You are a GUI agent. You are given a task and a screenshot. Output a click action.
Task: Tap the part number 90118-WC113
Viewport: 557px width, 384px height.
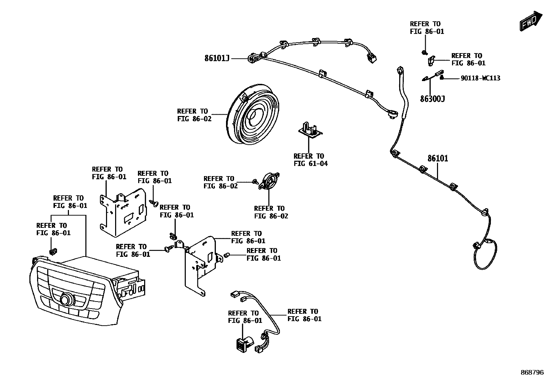click(480, 78)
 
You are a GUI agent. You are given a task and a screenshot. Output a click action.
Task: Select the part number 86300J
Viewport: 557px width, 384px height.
click(432, 99)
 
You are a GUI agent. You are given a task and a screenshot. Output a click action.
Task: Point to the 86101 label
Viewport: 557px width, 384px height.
click(437, 159)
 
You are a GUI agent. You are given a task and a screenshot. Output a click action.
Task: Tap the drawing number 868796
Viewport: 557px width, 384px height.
click(532, 372)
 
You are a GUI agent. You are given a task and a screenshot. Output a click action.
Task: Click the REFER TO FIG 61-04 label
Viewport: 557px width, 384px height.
click(310, 160)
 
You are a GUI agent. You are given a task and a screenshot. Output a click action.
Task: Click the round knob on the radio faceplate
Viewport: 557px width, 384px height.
click(66, 300)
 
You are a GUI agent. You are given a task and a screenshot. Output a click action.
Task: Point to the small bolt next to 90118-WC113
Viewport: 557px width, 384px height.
click(442, 77)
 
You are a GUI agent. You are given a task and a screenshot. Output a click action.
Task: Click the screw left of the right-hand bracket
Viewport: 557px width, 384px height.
click(168, 248)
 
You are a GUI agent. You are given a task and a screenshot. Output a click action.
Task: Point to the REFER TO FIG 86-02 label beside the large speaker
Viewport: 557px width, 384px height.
click(194, 115)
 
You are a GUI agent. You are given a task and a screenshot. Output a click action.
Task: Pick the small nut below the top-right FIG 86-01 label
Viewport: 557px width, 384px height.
click(424, 52)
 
